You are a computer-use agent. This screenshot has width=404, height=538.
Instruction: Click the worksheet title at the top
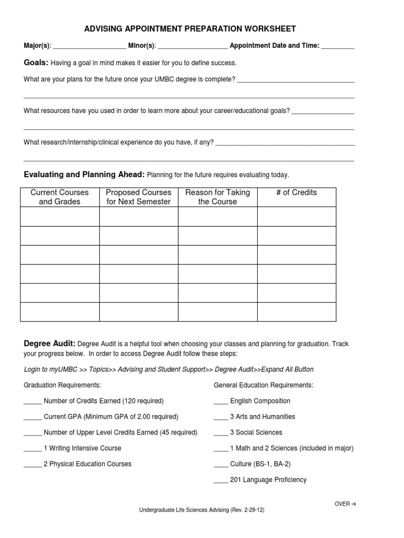point(190,29)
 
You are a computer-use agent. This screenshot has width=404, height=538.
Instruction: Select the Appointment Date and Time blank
point(338,46)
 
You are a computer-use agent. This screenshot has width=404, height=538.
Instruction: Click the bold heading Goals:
point(36,63)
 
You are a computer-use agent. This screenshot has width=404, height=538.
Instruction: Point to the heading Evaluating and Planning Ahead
point(84,174)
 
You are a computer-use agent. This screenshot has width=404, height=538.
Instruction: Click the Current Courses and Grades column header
point(59,197)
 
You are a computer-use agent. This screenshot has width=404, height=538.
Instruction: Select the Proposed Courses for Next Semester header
point(138,197)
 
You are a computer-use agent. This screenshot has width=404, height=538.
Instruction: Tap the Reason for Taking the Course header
point(217,197)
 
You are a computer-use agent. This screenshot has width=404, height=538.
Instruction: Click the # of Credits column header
point(296,193)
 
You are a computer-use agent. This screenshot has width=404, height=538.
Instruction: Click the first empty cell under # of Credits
point(296,216)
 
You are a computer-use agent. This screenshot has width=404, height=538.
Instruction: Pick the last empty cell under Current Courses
point(59,312)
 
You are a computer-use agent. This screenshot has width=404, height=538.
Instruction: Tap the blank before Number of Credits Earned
point(33,401)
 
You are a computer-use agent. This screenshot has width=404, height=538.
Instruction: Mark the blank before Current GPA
point(33,417)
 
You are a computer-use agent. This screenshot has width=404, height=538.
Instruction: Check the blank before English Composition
point(221,401)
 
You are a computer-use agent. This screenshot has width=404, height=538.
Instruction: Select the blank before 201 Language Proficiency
point(221,480)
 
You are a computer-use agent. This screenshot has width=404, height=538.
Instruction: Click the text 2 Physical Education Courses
point(87,464)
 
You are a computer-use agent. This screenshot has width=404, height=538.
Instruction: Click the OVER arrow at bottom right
point(346,504)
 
